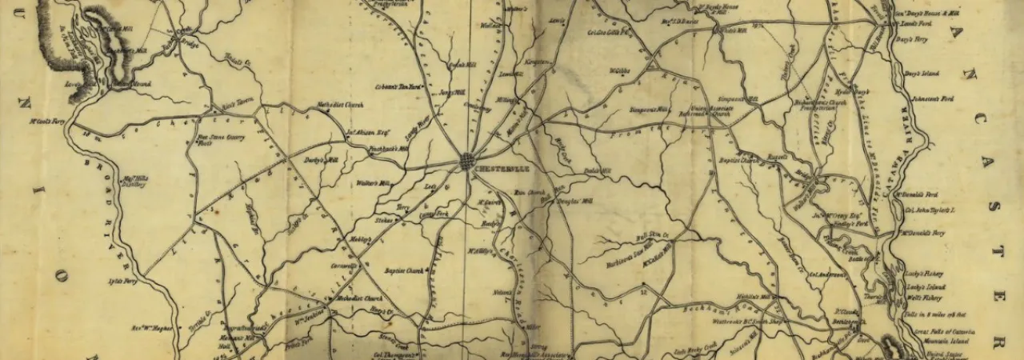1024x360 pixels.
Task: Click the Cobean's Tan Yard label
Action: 397,86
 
